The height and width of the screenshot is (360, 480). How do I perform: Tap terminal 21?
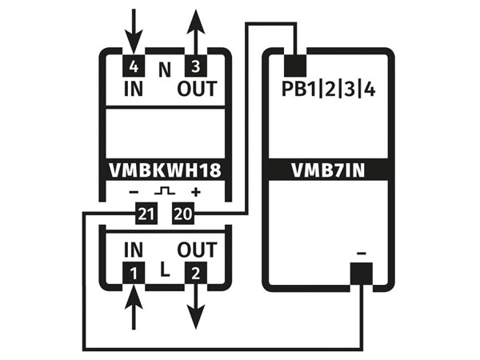coord(145,213)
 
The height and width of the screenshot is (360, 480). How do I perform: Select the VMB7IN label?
coord(328,170)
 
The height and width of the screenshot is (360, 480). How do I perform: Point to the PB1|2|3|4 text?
coord(329,88)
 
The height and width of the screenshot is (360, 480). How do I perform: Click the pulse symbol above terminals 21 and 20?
coord(165,192)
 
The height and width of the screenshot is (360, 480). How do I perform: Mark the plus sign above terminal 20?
coord(194,192)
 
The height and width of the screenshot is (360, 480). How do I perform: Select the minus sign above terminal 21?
coord(134,192)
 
